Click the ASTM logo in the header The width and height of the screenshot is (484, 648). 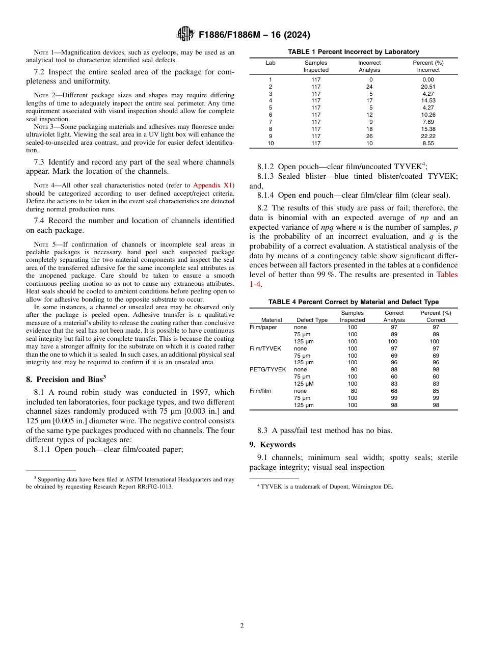[185, 34]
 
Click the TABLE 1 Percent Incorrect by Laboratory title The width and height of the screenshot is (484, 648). [354, 52]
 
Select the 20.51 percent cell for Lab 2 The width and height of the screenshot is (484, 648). [428, 87]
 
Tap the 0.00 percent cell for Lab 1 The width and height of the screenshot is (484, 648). [428, 79]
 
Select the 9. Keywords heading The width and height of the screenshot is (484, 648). [273, 445]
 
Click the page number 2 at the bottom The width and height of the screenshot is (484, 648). [242, 626]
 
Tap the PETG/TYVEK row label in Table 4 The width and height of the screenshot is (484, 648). [268, 369]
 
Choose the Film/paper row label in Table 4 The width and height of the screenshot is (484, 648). [263, 327]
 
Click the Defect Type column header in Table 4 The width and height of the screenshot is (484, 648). [312, 320]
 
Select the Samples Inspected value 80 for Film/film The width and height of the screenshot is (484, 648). [354, 391]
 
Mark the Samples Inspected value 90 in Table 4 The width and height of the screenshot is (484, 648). [354, 369]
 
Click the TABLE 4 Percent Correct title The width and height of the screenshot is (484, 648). [354, 302]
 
